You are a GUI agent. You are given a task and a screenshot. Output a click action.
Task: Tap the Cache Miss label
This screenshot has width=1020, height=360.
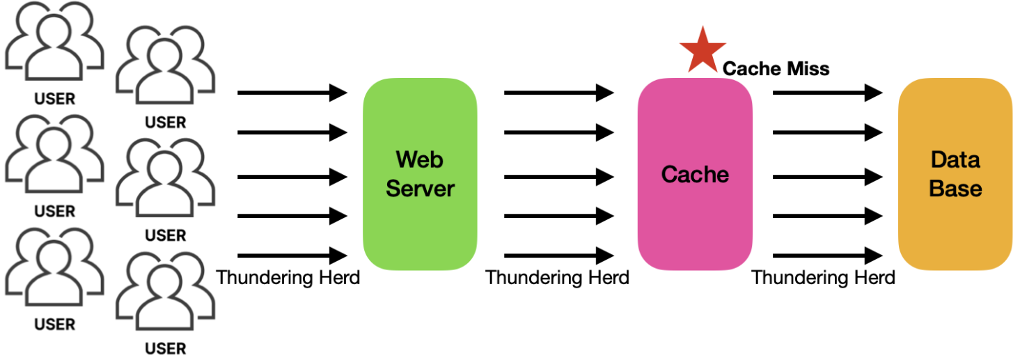point(776,68)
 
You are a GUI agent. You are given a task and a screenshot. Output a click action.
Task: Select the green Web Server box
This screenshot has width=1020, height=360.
point(420,174)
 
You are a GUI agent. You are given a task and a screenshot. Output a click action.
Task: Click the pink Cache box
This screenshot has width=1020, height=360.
point(695,174)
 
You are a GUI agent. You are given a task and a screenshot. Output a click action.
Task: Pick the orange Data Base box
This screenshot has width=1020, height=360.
point(955,174)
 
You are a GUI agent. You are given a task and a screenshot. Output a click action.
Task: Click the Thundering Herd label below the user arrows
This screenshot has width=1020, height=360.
point(288,278)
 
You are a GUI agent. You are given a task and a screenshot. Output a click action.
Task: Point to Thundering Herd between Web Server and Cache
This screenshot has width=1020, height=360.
point(557,278)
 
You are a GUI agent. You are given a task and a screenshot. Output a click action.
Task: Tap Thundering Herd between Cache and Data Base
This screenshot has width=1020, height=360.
point(823,278)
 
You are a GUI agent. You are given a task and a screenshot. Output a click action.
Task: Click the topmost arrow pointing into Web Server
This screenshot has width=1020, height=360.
point(292,92)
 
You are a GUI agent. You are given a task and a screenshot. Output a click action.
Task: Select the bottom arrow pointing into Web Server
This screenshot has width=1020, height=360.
point(292,255)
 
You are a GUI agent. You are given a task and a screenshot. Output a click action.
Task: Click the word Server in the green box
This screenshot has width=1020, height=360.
point(420,189)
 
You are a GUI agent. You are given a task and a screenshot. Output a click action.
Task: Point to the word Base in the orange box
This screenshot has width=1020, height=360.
point(955,189)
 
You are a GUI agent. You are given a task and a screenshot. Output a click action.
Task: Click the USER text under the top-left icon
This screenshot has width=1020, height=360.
point(54,99)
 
